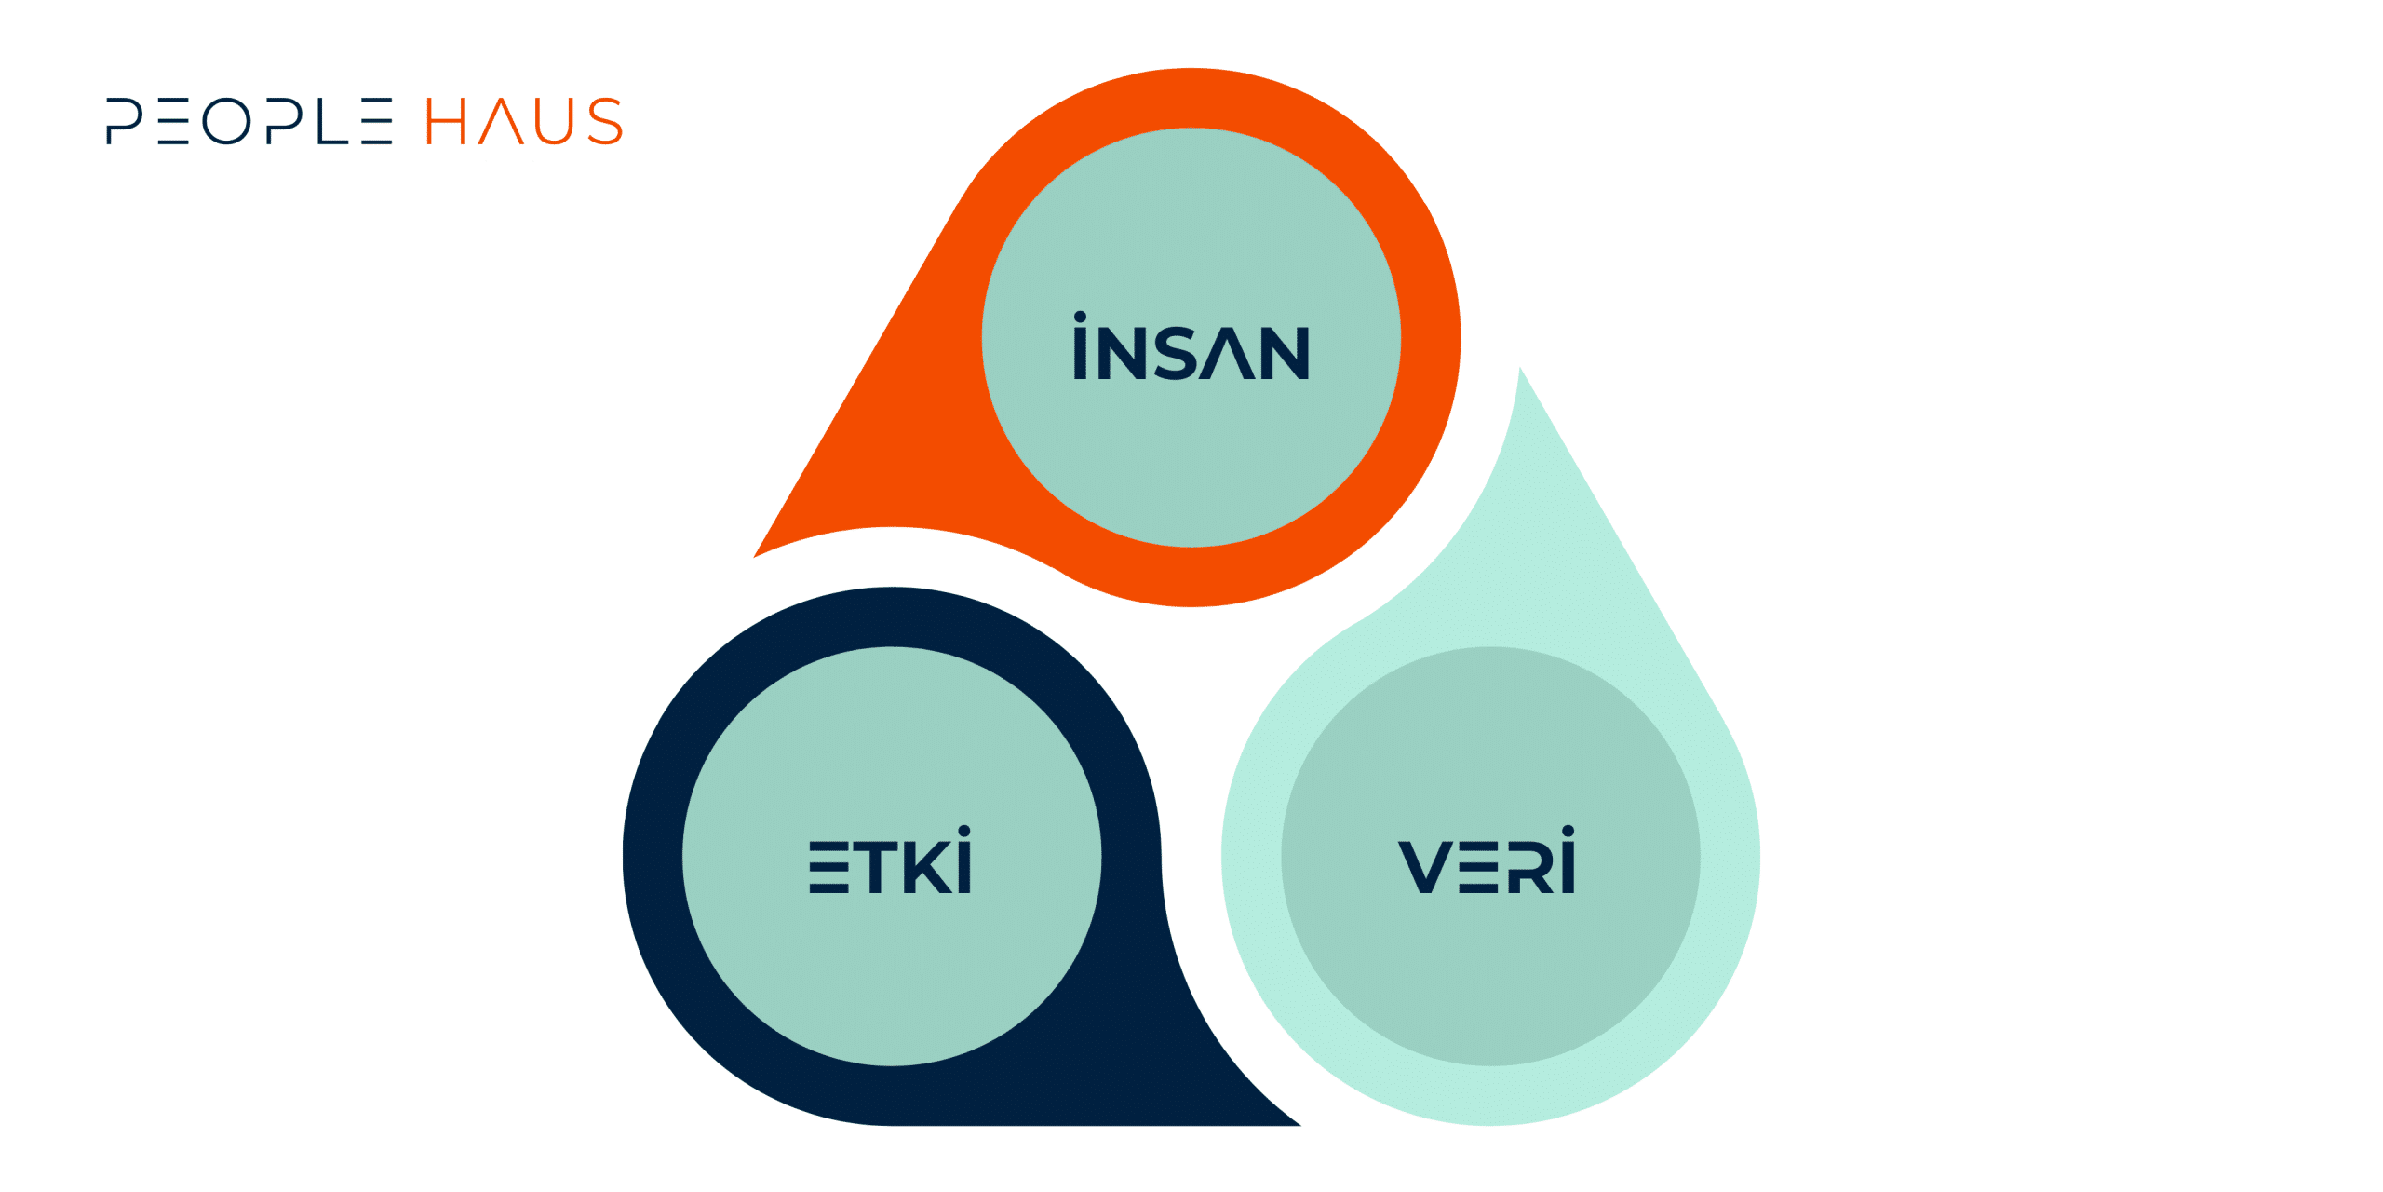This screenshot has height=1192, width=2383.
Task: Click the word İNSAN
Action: coord(1191,345)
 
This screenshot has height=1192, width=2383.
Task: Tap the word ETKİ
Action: coord(891,860)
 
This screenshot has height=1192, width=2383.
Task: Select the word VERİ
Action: coord(1487,860)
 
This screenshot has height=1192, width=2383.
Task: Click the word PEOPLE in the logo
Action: coord(249,121)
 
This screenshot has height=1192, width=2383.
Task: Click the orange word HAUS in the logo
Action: coord(524,121)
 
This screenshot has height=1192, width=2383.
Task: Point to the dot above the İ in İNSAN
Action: coord(1080,317)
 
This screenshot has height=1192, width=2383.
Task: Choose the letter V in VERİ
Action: coord(1426,867)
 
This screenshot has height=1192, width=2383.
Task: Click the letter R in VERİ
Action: coord(1529,867)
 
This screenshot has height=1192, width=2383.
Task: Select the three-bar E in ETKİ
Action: coord(828,867)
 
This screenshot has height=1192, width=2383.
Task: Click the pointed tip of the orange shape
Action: coord(754,557)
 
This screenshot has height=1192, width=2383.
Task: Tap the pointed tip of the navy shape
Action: coord(1300,1125)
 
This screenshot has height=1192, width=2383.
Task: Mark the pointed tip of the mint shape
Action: coord(1519,368)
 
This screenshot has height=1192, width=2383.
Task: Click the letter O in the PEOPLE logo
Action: coord(227,121)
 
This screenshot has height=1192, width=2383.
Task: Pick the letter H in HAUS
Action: coord(445,121)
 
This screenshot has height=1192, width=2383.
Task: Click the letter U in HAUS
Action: coord(554,122)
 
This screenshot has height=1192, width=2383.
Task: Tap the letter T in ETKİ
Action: coord(876,867)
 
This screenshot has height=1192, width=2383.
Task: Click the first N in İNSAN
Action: coord(1122,353)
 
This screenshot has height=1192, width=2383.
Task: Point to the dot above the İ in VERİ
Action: coord(1568,831)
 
